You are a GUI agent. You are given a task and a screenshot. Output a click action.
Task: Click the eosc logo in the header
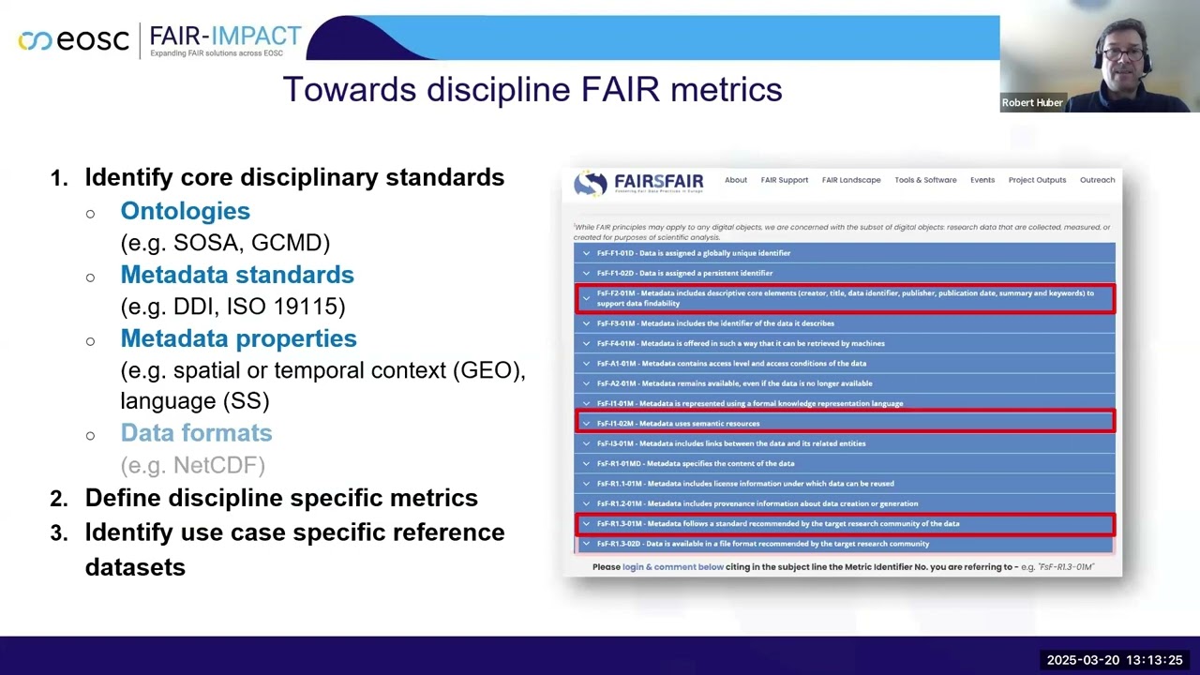pyautogui.click(x=73, y=40)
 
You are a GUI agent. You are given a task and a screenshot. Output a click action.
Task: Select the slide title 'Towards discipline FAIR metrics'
pyautogui.click(x=532, y=90)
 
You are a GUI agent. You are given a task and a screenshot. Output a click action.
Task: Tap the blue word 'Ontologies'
pyautogui.click(x=185, y=211)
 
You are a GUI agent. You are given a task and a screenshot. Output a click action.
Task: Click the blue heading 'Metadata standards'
pyautogui.click(x=236, y=275)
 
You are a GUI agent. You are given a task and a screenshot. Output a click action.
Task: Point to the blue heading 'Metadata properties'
pyautogui.click(x=238, y=338)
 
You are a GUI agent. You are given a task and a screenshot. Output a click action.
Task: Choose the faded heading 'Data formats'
pyautogui.click(x=196, y=433)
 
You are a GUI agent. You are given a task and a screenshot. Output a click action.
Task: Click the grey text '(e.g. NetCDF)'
pyautogui.click(x=192, y=465)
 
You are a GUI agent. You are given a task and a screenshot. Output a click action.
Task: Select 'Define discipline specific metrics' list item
pyautogui.click(x=281, y=498)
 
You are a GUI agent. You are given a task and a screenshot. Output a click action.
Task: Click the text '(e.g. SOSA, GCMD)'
pyautogui.click(x=225, y=243)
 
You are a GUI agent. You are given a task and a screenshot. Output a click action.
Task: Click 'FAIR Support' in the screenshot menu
pyautogui.click(x=784, y=180)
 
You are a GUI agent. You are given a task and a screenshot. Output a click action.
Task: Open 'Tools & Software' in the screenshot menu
pyautogui.click(x=925, y=180)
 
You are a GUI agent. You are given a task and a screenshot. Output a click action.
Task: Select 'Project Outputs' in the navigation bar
pyautogui.click(x=1037, y=180)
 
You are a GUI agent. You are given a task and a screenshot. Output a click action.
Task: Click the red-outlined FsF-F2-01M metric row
pyautogui.click(x=845, y=298)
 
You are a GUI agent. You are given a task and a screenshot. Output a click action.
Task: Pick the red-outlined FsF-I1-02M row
pyautogui.click(x=845, y=423)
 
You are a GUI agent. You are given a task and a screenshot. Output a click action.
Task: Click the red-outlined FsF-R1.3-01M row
pyautogui.click(x=845, y=524)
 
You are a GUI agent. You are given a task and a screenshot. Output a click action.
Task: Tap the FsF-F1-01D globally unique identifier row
pyautogui.click(x=845, y=253)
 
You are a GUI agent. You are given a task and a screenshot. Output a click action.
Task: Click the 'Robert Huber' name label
pyautogui.click(x=1031, y=103)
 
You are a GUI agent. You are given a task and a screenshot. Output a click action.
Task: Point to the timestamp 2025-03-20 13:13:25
pyautogui.click(x=1114, y=660)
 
